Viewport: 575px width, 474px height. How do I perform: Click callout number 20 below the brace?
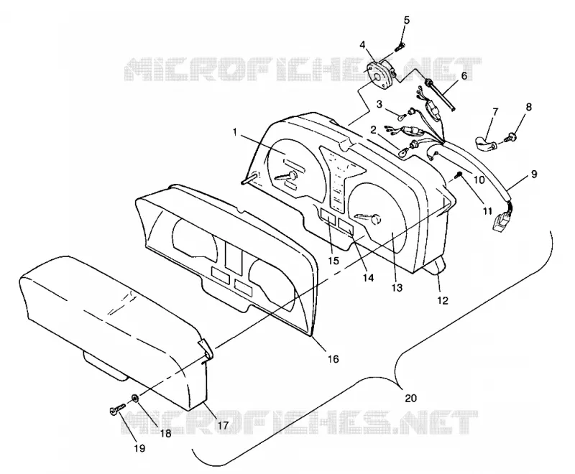point(410,398)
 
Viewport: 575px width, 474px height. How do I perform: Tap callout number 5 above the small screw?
point(407,20)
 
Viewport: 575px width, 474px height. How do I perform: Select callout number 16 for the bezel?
point(333,358)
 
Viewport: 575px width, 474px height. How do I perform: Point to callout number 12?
point(443,300)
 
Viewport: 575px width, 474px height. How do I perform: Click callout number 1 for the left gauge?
point(235,131)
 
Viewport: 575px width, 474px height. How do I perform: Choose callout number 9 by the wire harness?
point(533,174)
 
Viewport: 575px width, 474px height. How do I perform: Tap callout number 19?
point(139,448)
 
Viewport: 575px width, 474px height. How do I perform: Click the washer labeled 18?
point(135,398)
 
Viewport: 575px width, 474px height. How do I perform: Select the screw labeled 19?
point(117,409)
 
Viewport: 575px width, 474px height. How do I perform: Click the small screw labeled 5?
point(400,47)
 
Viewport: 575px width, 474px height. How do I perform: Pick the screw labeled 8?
point(510,138)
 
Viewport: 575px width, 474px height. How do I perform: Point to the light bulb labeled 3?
point(403,116)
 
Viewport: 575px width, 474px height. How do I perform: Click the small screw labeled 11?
point(458,175)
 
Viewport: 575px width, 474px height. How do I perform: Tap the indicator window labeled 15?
point(328,216)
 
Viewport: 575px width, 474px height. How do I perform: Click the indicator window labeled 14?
point(346,226)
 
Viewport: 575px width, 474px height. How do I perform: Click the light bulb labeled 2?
point(402,153)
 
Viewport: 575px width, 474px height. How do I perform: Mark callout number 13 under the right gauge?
point(397,287)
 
